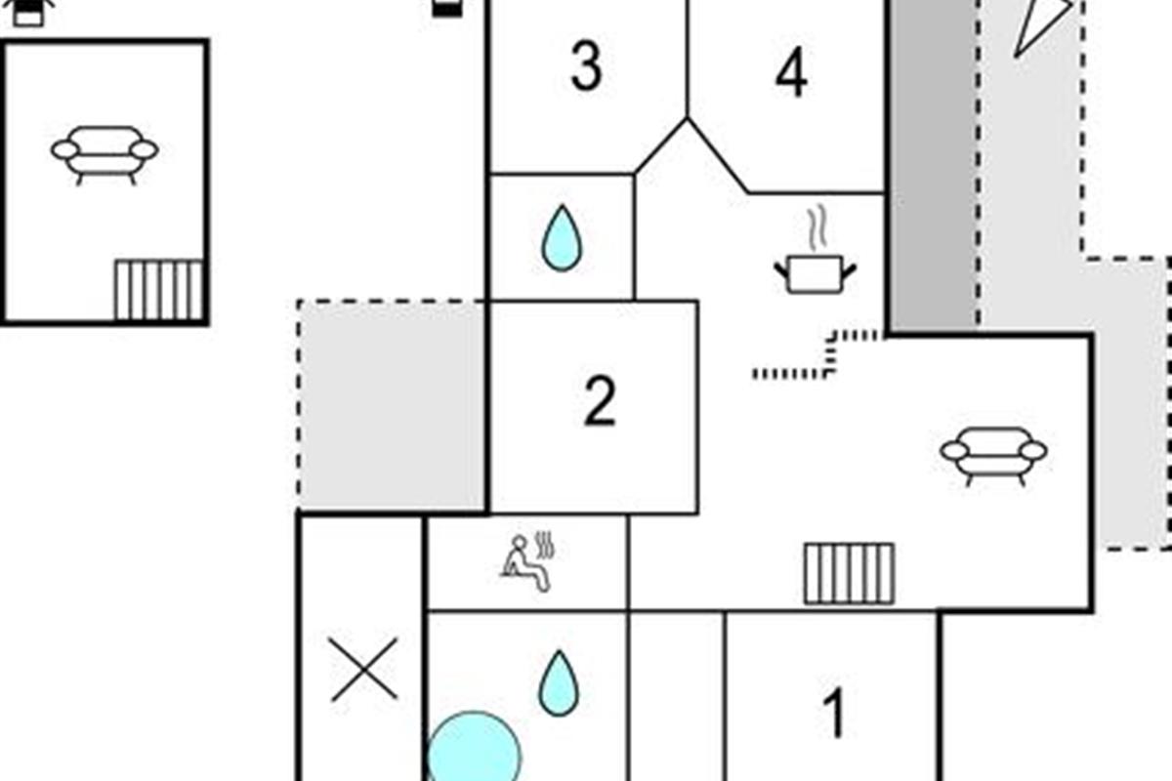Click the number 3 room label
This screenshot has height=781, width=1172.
coord(586,66)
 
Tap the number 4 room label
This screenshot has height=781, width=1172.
coord(791,72)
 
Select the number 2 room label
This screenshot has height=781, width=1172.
coord(600,401)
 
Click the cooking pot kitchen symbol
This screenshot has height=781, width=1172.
coord(816,273)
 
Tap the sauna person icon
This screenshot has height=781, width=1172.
coord(526,562)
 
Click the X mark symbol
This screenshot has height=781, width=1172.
coord(364,669)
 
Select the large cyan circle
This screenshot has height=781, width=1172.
coord(474,747)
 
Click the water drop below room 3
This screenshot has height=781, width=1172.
coord(562,238)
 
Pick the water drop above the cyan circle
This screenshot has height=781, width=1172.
coord(559,683)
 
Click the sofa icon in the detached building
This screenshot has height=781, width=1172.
coord(105,155)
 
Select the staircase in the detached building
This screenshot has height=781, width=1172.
coord(159,290)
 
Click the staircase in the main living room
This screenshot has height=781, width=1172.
coord(849,574)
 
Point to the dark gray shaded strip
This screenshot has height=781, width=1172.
coord(934,165)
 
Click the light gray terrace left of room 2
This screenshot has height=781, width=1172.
coord(393,406)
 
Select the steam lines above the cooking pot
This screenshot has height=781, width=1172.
coord(817,227)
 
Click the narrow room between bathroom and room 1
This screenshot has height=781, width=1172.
coord(677,696)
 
